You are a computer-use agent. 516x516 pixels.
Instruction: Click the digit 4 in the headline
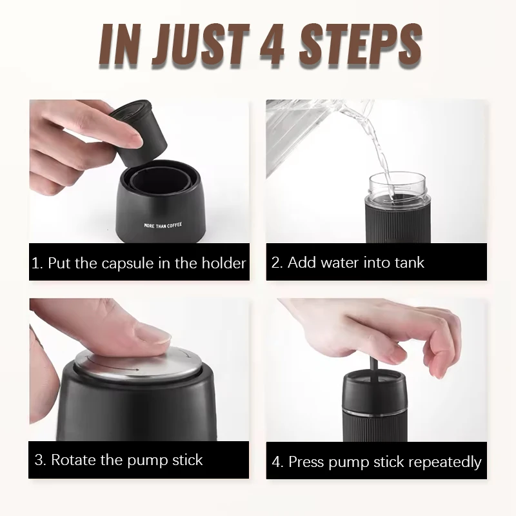272,45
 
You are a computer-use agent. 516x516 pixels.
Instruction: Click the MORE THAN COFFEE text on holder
163,225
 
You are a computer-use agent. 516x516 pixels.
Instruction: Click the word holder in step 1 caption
224,263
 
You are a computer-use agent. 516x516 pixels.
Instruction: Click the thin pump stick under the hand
373,369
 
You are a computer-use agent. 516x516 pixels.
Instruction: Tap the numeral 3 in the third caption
39,460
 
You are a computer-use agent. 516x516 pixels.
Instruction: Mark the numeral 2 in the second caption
276,263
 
